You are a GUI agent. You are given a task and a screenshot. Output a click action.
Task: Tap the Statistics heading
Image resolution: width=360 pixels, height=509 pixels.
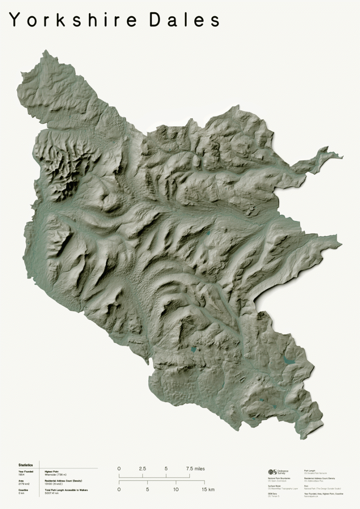click(26, 465)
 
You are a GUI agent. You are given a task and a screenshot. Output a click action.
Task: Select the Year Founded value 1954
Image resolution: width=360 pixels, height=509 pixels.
click(22, 474)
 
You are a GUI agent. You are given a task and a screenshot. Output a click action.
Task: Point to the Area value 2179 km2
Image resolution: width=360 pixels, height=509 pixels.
click(24, 483)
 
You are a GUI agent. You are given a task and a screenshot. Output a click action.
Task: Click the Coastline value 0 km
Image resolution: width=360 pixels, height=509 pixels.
click(21, 493)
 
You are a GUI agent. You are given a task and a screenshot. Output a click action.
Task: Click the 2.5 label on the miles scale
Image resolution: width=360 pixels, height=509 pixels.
click(142, 468)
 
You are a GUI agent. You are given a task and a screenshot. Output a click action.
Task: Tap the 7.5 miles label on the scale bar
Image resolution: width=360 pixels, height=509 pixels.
click(195, 468)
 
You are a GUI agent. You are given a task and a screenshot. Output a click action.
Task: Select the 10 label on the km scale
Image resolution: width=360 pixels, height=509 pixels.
click(176, 490)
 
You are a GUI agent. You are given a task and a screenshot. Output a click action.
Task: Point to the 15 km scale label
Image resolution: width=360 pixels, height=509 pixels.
click(208, 490)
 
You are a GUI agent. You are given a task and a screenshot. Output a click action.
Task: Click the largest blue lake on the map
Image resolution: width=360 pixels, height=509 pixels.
click(288, 361)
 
